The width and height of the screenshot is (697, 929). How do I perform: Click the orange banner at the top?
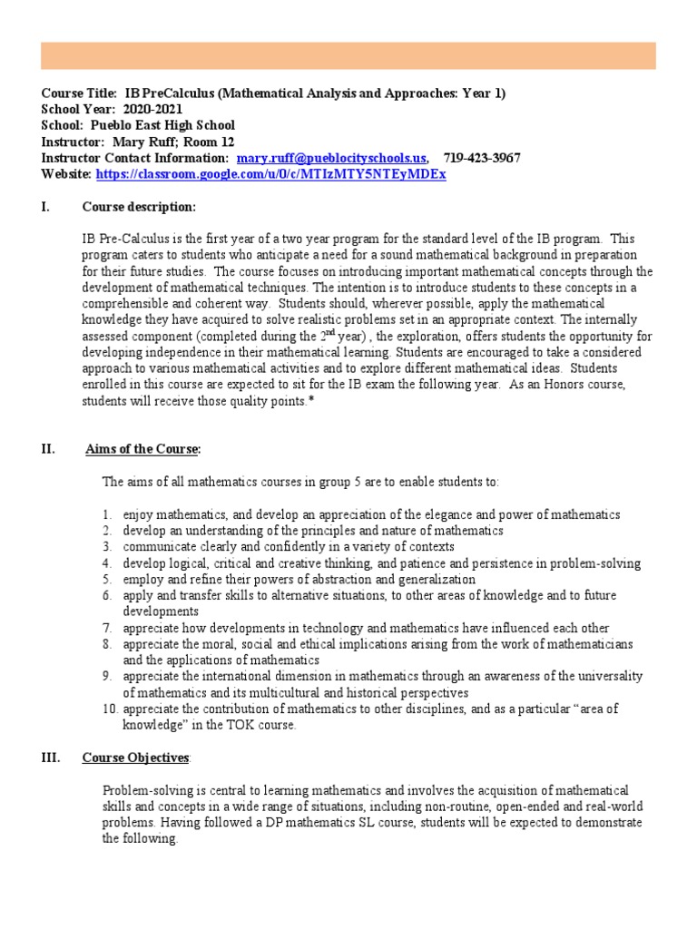[x=348, y=55]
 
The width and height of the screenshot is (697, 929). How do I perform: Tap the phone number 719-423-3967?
[x=482, y=158]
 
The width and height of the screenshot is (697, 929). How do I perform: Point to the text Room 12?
[x=212, y=142]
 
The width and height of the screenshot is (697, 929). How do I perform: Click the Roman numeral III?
[x=52, y=758]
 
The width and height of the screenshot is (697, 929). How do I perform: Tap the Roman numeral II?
[x=49, y=449]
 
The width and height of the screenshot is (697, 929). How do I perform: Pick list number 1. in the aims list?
[x=106, y=514]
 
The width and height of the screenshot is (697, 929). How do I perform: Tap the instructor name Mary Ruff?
[x=142, y=142]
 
